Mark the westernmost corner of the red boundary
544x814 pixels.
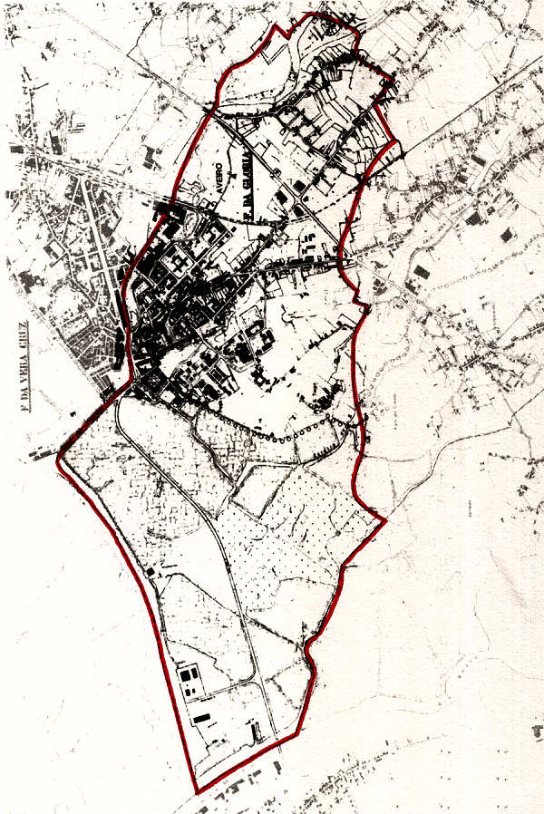(58, 458)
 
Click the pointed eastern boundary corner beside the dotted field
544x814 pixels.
(385, 521)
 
